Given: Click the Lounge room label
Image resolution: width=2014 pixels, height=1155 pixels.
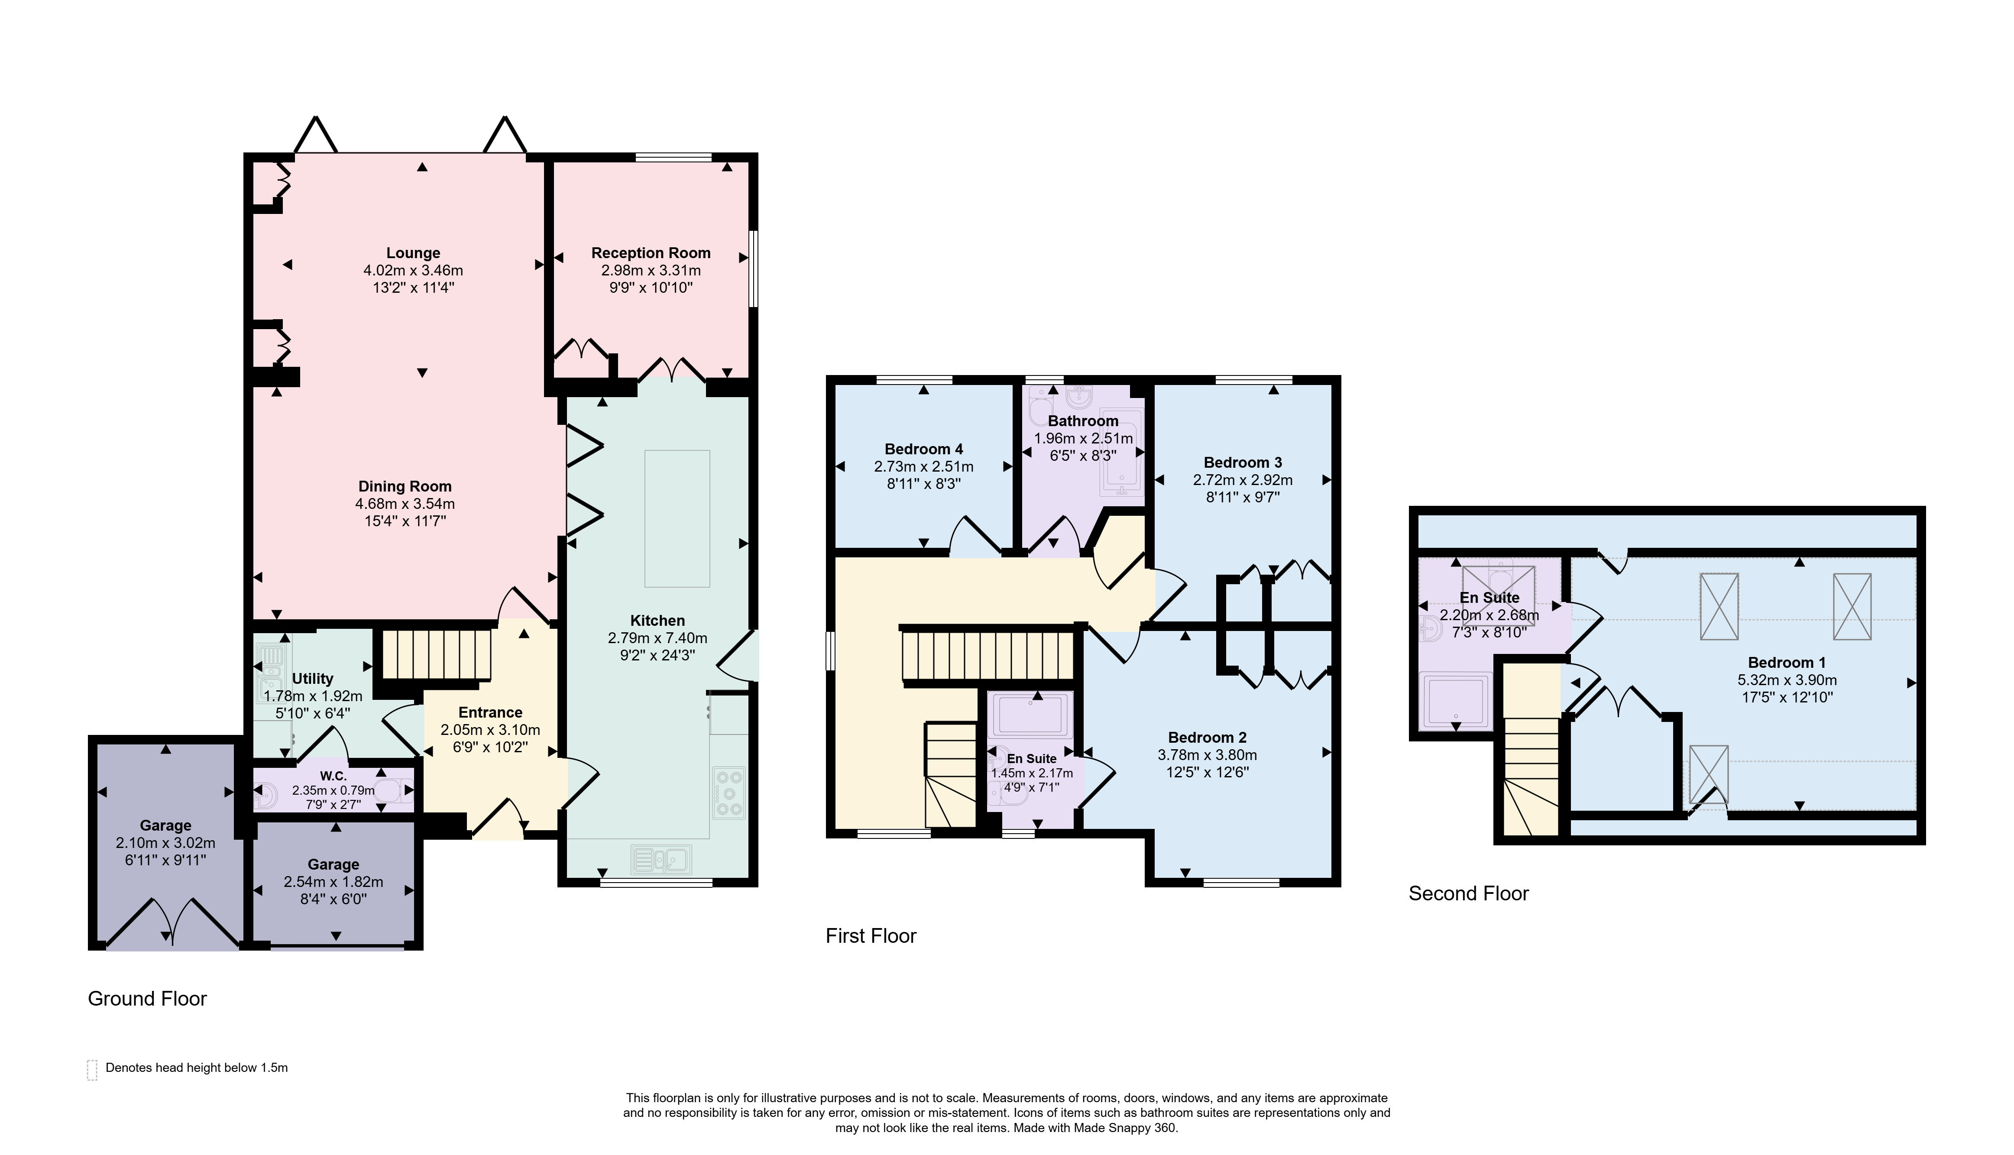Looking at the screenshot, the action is point(413,253).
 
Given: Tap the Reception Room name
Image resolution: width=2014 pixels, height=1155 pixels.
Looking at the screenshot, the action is point(651,253).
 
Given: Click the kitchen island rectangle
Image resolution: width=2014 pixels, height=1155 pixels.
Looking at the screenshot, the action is point(677,518).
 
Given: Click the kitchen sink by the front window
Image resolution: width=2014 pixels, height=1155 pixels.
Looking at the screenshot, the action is point(661,859).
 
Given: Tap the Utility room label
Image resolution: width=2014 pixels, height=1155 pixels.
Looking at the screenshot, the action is point(313,679).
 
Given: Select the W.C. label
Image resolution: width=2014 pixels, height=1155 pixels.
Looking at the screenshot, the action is point(333,776).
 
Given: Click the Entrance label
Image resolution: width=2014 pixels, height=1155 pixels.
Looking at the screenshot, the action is point(490,712).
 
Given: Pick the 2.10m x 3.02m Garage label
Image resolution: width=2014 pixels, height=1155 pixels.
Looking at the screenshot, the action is point(166,826).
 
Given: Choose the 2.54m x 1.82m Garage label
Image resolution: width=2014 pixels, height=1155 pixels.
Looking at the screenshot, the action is point(333,865).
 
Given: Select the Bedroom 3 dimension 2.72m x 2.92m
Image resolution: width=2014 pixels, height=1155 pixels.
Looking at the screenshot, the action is point(1242,480).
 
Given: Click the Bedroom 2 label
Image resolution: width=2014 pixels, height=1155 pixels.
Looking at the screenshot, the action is point(1207,738).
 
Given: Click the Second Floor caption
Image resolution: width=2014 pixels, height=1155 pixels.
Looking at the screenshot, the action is point(1468,893).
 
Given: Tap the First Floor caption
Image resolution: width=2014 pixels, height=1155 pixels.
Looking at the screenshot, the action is point(871,936).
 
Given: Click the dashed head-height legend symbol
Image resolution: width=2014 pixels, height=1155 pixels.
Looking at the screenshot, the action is point(92,1070).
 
